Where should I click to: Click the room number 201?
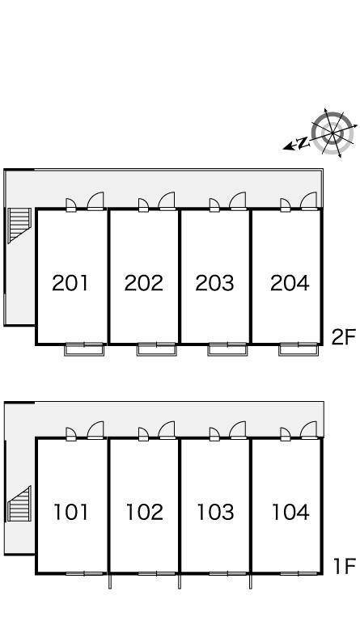tap(70, 283)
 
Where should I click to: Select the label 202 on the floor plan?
tap(143, 283)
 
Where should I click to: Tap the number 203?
tap(214, 283)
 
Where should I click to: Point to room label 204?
tap(290, 283)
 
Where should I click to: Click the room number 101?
tap(71, 512)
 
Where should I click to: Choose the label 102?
tap(144, 512)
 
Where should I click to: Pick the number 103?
tap(215, 512)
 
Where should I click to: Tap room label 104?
tap(290, 512)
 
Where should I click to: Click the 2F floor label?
tap(344, 337)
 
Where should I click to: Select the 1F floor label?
tap(345, 566)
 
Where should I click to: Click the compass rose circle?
tap(332, 133)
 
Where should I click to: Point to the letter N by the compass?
tap(303, 142)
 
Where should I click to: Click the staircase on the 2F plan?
tap(19, 225)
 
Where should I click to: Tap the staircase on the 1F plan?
tap(19, 504)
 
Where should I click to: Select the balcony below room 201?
tap(84, 349)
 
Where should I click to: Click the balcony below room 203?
tap(227, 349)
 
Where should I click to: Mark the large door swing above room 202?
tap(167, 201)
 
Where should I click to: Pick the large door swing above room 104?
tap(309, 430)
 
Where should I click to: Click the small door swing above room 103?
tap(214, 434)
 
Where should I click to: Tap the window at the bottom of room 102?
tap(157, 573)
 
